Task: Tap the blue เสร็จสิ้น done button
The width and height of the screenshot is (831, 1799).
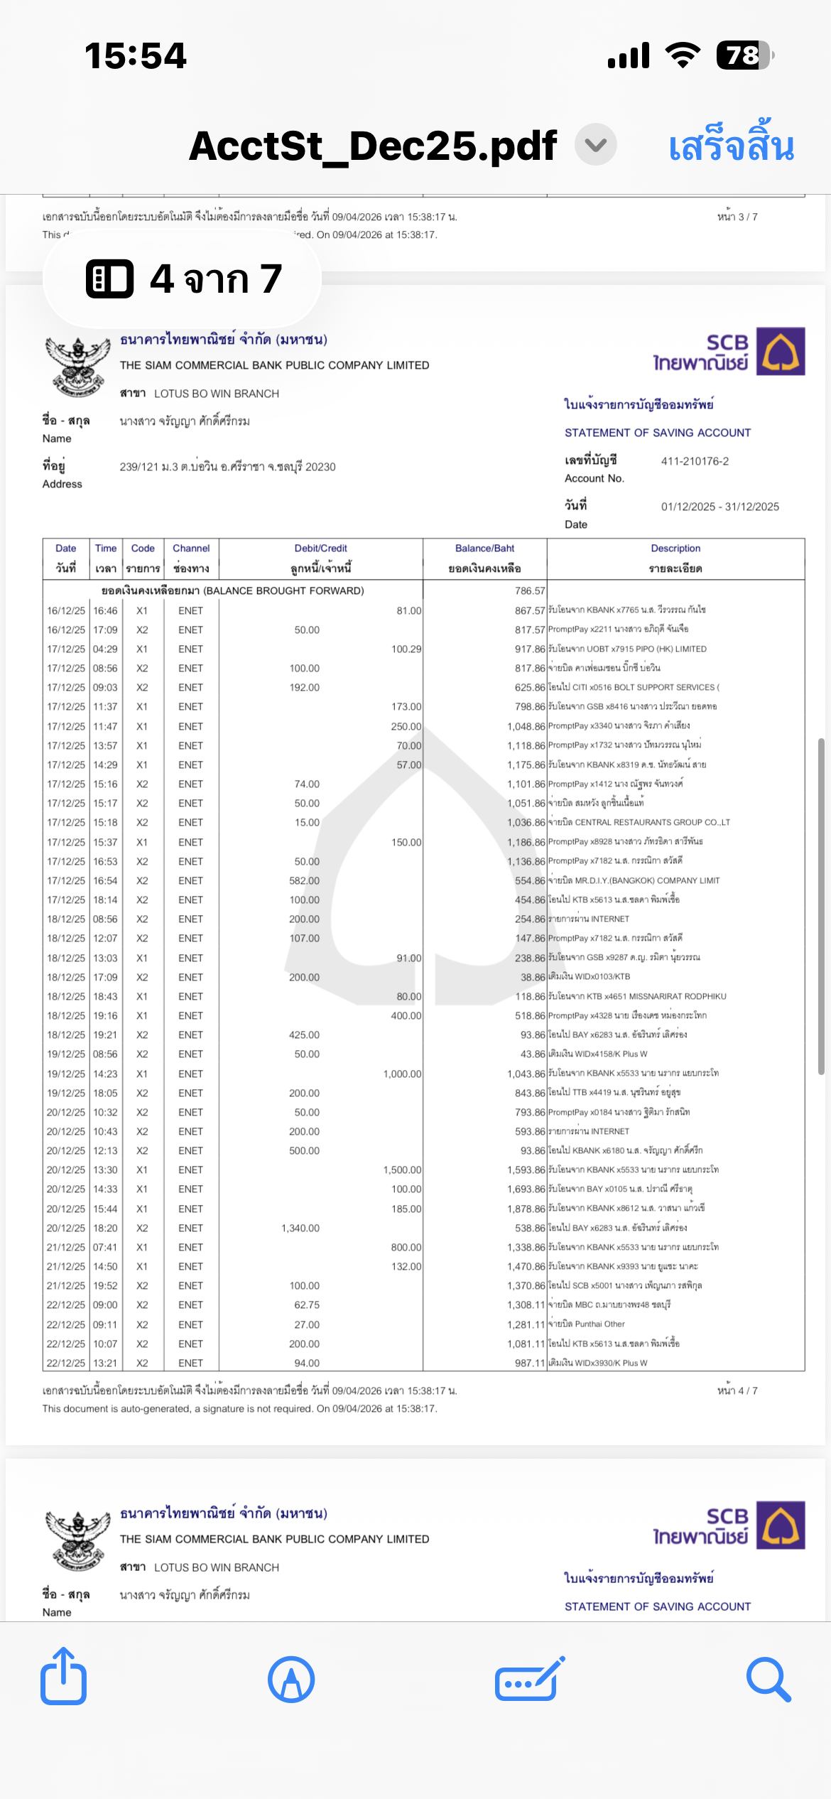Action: (x=731, y=146)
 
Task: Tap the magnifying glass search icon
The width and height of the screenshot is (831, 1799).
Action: (x=768, y=1680)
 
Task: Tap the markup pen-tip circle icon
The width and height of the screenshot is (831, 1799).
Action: (x=291, y=1680)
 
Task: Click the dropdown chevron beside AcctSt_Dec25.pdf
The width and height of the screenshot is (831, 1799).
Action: (x=595, y=145)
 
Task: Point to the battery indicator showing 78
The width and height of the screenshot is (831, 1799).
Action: (x=744, y=55)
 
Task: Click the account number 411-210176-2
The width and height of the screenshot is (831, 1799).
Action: (x=695, y=461)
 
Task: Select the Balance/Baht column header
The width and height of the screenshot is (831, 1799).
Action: (x=484, y=549)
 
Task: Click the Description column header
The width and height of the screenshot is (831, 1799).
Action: (x=675, y=549)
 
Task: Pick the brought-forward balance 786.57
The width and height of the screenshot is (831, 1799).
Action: (x=530, y=590)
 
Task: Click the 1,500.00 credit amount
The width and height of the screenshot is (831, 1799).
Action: (x=402, y=1169)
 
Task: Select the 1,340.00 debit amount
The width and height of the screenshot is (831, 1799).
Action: (x=300, y=1228)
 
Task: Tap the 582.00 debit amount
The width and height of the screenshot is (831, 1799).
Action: (x=304, y=880)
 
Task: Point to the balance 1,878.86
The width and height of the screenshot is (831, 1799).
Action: (x=526, y=1209)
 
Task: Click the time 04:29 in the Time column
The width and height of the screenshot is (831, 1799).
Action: (x=105, y=649)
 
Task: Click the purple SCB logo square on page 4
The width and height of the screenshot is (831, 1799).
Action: (x=781, y=351)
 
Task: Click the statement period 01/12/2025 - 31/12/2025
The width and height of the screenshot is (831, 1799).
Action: (x=719, y=507)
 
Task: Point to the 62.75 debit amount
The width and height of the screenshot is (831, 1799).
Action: (x=307, y=1304)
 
